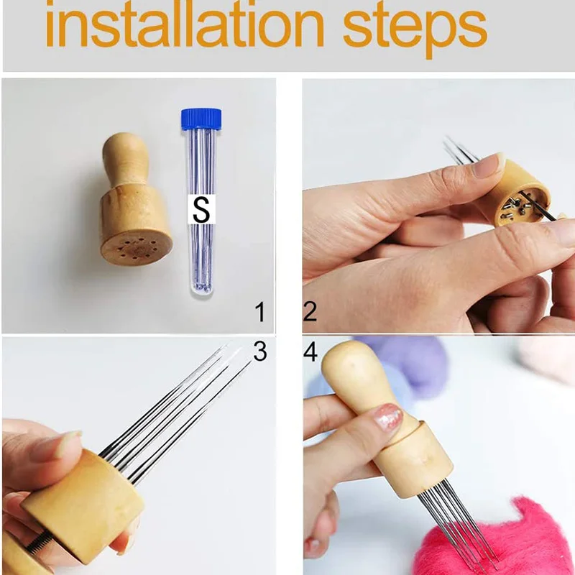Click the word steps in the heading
(x=415, y=30)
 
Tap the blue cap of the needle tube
(x=201, y=118)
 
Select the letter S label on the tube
(x=201, y=209)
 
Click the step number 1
(x=260, y=312)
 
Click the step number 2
(x=310, y=312)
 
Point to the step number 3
(x=260, y=351)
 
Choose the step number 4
(x=310, y=352)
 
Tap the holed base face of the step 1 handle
(x=137, y=248)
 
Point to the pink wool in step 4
(x=500, y=539)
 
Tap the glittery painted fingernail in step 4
(x=389, y=418)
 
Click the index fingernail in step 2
(x=489, y=165)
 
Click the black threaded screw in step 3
(x=41, y=543)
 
